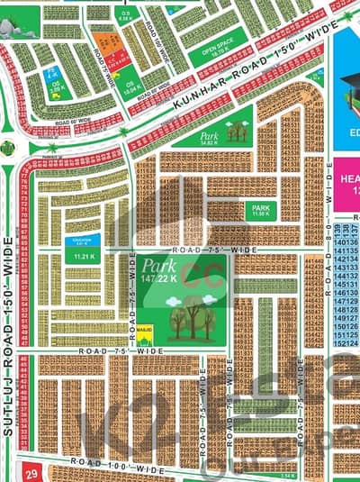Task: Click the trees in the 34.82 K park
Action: pos(236,132)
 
